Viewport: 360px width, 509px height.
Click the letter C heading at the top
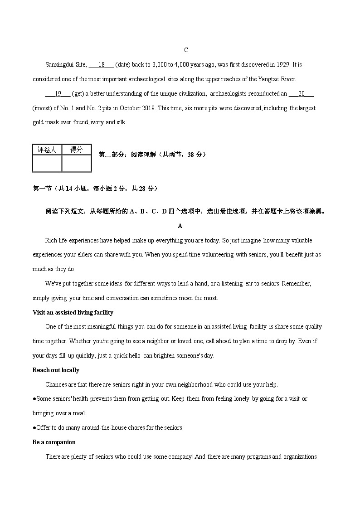click(x=186, y=50)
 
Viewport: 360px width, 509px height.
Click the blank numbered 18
click(x=102, y=65)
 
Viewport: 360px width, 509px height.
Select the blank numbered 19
click(x=58, y=94)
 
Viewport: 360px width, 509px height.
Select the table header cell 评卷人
click(x=47, y=150)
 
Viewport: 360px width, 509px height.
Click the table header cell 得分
click(x=76, y=150)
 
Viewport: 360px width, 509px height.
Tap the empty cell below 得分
click(x=76, y=163)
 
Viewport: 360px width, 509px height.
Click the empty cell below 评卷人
click(x=47, y=163)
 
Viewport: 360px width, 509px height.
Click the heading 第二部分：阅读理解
click(x=152, y=155)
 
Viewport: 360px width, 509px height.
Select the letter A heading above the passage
click(x=180, y=226)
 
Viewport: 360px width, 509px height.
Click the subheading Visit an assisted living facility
click(x=73, y=312)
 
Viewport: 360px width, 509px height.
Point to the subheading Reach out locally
click(x=56, y=370)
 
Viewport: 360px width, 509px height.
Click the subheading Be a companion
click(x=54, y=442)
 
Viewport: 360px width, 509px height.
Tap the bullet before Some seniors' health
click(x=34, y=399)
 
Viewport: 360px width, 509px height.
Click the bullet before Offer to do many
click(x=34, y=428)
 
